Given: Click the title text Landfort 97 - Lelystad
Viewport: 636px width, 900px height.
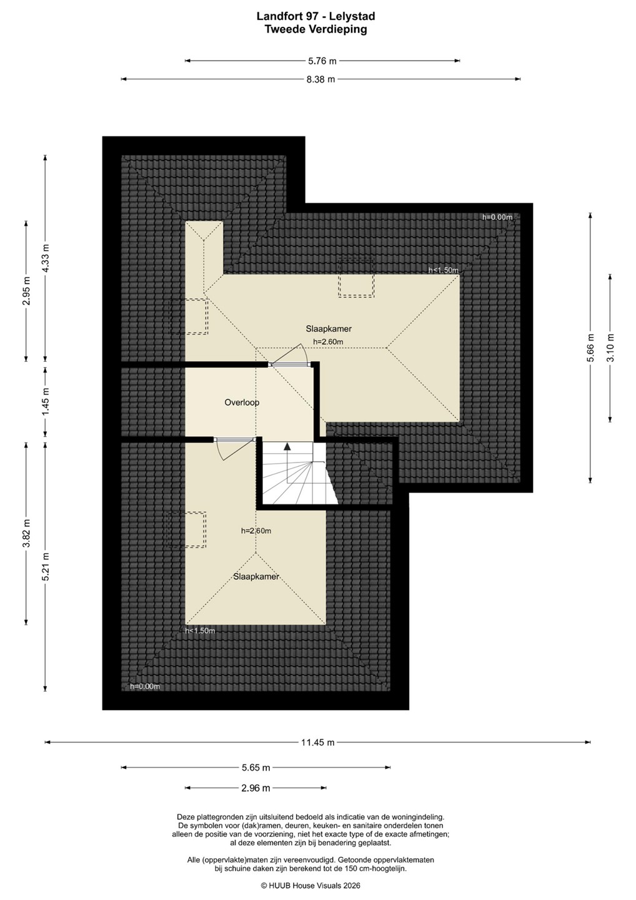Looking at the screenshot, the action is click(316, 16).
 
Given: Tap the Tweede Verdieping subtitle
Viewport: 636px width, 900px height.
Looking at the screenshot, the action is click(316, 29).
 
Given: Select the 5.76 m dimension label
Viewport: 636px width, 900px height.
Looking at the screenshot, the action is click(322, 61).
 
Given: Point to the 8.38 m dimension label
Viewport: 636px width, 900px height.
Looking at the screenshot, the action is click(320, 79).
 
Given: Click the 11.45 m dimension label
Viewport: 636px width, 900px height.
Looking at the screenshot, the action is click(317, 742).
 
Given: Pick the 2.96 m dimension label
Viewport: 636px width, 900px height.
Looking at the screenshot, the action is click(256, 788).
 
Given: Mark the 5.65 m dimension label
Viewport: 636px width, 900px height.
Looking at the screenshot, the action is click(256, 767).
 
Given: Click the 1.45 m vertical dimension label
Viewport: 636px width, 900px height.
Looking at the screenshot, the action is click(46, 402).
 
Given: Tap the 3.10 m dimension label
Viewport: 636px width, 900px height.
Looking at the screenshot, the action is click(610, 348).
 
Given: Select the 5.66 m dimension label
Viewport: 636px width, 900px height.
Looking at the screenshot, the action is click(590, 348).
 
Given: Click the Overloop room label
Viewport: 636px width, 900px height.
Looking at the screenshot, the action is click(242, 402).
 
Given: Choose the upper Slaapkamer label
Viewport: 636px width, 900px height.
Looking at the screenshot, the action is click(329, 329).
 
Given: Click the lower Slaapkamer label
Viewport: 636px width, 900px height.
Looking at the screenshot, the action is click(256, 576).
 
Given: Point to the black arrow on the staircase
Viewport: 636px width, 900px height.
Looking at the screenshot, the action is click(287, 446).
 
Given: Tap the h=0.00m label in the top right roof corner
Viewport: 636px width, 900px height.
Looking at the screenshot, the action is click(497, 217).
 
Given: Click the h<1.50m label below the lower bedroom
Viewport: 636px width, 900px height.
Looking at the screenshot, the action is click(200, 631).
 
